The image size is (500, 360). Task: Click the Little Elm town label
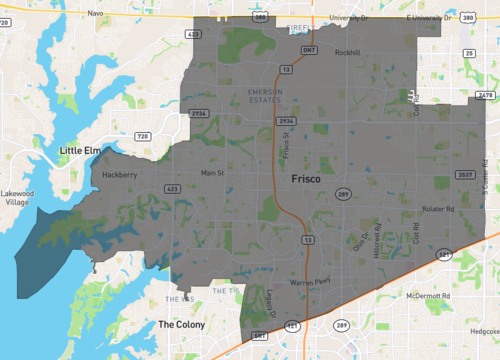click(x=81, y=151)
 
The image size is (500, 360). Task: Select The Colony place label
click(x=181, y=325)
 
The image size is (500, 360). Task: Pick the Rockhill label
click(x=347, y=52)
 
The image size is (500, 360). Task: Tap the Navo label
click(x=96, y=14)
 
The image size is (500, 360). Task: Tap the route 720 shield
click(x=142, y=136)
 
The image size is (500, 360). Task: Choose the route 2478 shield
click(x=487, y=95)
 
